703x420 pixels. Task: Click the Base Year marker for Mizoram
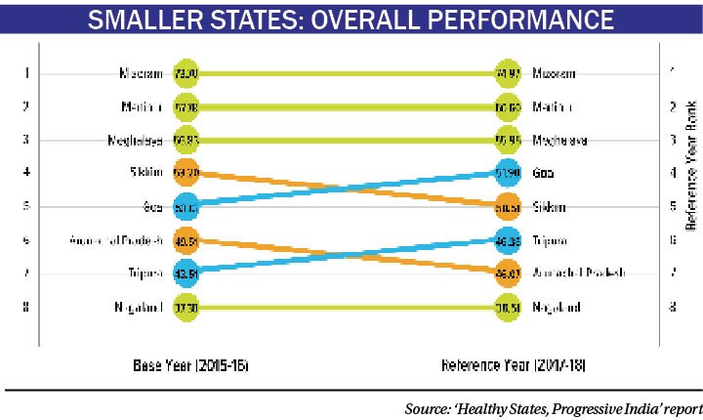186,73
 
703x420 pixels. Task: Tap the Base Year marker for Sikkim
186,173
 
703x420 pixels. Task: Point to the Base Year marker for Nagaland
186,308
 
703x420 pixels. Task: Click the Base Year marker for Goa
186,207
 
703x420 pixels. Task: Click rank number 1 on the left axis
27,73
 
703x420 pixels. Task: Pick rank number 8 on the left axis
27,308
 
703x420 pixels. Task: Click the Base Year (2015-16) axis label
191,367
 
